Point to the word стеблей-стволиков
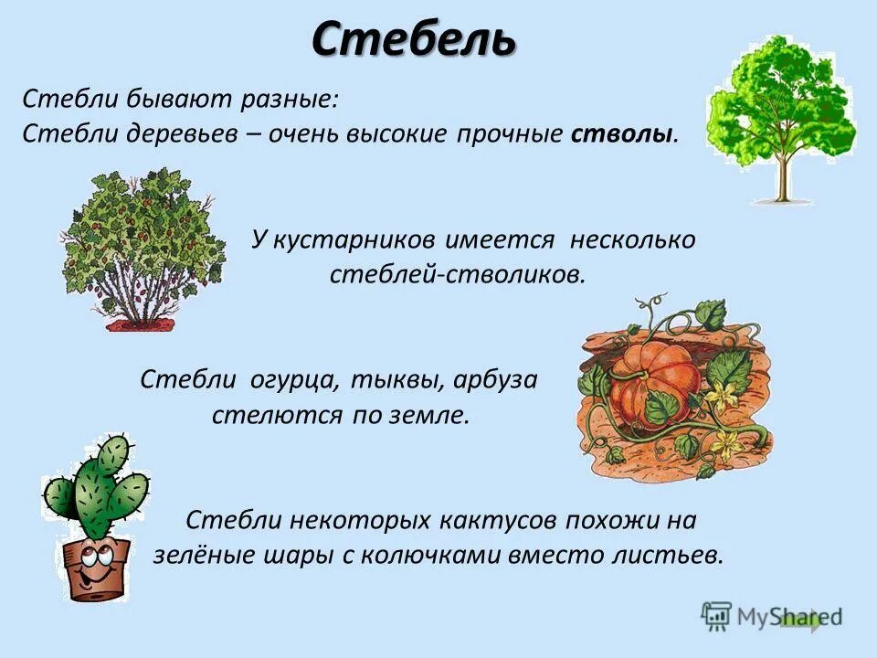[457, 273]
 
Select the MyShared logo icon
[716, 617]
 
